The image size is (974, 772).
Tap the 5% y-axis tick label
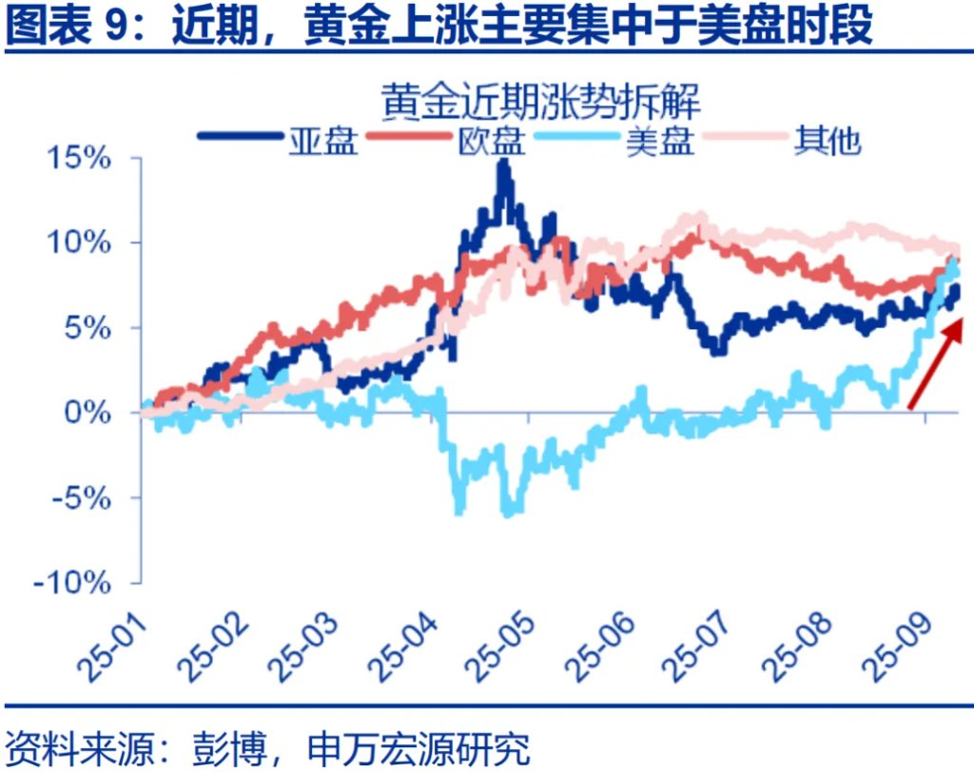click(x=93, y=328)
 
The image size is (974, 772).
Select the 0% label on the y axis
click(x=93, y=413)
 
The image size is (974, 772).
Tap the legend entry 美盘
click(x=660, y=141)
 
